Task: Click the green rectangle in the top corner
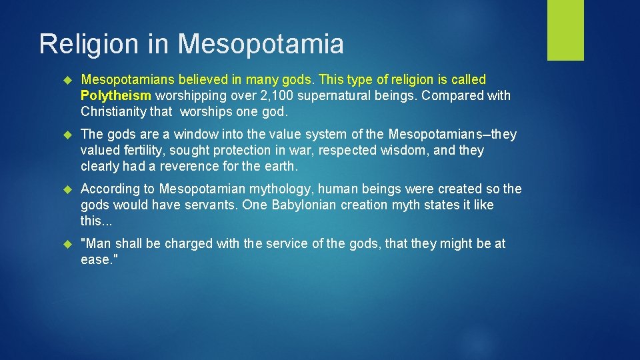(x=565, y=30)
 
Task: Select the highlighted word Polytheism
(x=116, y=95)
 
